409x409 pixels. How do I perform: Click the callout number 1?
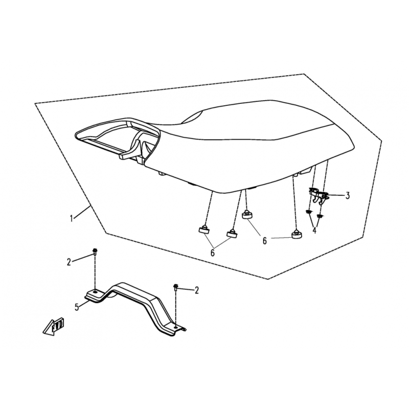(x=72, y=218)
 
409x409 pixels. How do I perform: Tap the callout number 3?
(x=348, y=196)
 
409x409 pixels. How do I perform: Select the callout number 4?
(x=314, y=231)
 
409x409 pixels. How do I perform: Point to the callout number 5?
(x=77, y=307)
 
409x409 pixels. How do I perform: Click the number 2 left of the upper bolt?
(x=69, y=262)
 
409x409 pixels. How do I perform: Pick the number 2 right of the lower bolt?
(x=197, y=290)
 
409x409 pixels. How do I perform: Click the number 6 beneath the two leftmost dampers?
(x=213, y=253)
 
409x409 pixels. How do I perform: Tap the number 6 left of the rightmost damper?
(x=265, y=241)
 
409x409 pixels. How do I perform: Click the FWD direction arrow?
(x=54, y=326)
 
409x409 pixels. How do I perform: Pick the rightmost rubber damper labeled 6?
(x=297, y=234)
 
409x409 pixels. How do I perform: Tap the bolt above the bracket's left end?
(x=95, y=252)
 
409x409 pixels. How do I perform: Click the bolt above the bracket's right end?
(x=175, y=287)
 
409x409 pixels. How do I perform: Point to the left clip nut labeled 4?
(x=309, y=212)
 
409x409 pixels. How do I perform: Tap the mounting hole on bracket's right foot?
(x=176, y=327)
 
